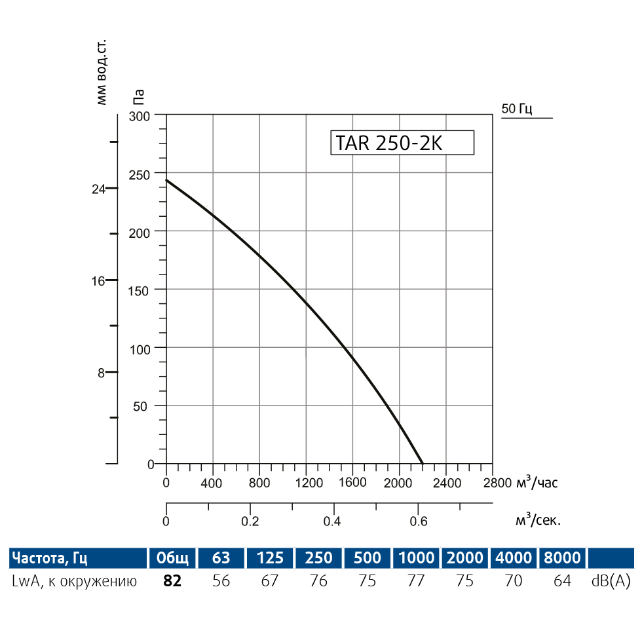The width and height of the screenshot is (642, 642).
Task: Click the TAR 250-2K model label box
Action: coord(402,143)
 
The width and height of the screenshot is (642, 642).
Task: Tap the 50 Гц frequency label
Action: coord(517,109)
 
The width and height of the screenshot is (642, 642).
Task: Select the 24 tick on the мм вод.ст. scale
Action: coord(98,189)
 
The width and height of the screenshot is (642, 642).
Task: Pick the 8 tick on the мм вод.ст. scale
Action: coord(102,373)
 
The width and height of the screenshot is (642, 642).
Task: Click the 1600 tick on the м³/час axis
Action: coord(353,483)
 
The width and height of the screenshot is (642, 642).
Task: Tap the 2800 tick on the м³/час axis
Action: coord(493,483)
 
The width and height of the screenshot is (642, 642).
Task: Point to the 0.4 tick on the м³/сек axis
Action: coord(333,521)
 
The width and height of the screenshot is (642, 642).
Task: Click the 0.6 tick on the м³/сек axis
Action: coord(418,521)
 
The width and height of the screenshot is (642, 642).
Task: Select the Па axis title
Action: coord(138,97)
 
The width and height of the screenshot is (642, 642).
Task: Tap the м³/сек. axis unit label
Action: coord(538,521)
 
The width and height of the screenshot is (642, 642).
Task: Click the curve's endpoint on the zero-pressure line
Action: coord(423,463)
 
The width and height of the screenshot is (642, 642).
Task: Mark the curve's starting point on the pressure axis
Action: coord(166,179)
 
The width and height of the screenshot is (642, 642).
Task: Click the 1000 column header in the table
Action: coord(415,558)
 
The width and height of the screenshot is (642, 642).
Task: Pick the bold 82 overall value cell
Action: coord(172,581)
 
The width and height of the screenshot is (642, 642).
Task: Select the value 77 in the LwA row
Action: coord(415,581)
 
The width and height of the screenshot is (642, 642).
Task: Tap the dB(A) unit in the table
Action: coord(611,581)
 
